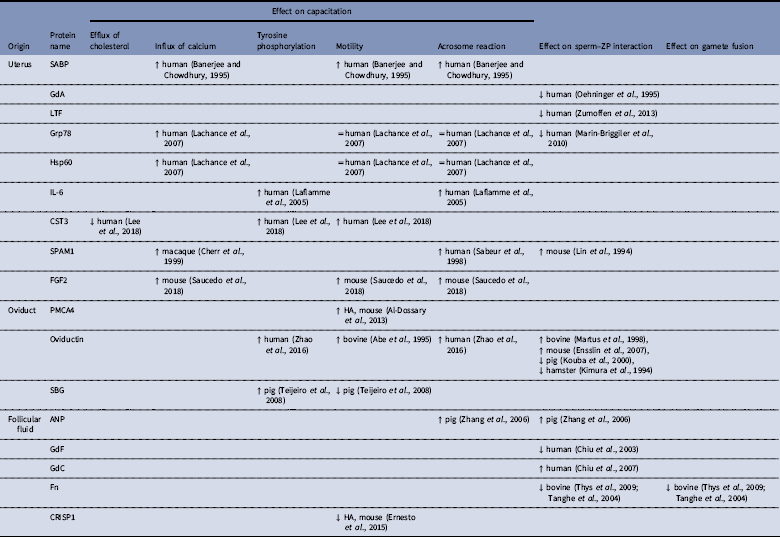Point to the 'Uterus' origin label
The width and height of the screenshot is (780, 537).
tap(19, 63)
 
